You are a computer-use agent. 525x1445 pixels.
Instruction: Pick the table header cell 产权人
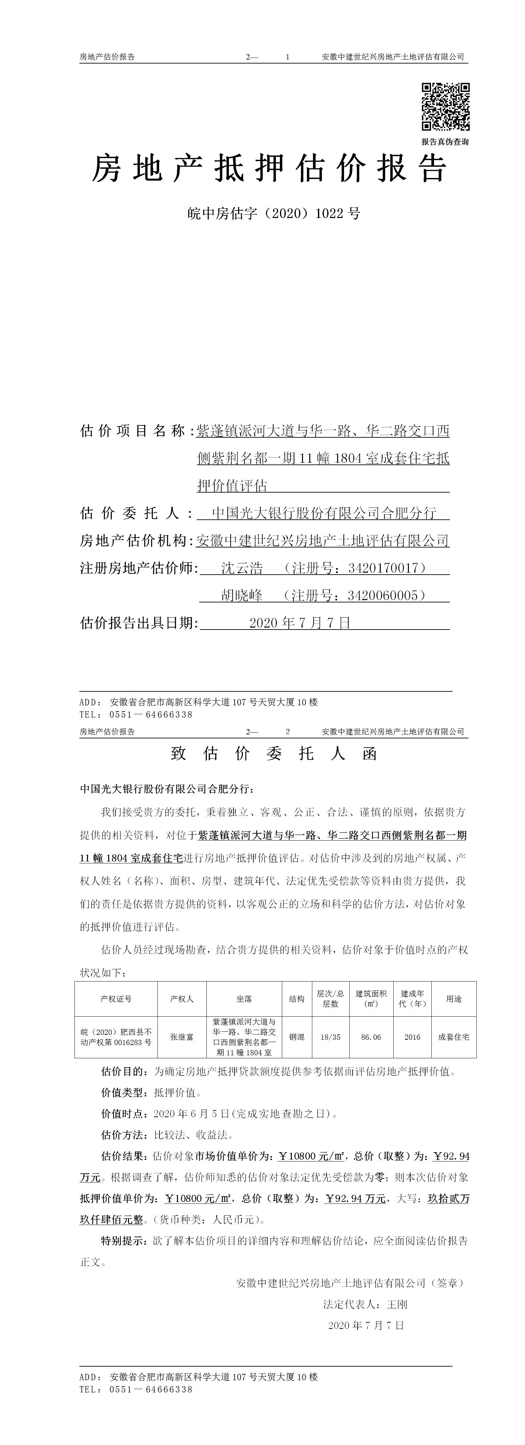pos(182,999)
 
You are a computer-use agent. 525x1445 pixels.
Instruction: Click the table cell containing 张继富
pos(182,1037)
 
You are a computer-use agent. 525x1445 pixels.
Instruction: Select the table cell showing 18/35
pos(330,1037)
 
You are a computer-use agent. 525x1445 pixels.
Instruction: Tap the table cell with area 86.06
pos(371,1037)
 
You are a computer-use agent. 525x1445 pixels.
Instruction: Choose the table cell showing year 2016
pos(412,1037)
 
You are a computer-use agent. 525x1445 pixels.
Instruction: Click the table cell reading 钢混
pos(297,1037)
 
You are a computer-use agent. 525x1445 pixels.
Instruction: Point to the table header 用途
pos(454,999)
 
